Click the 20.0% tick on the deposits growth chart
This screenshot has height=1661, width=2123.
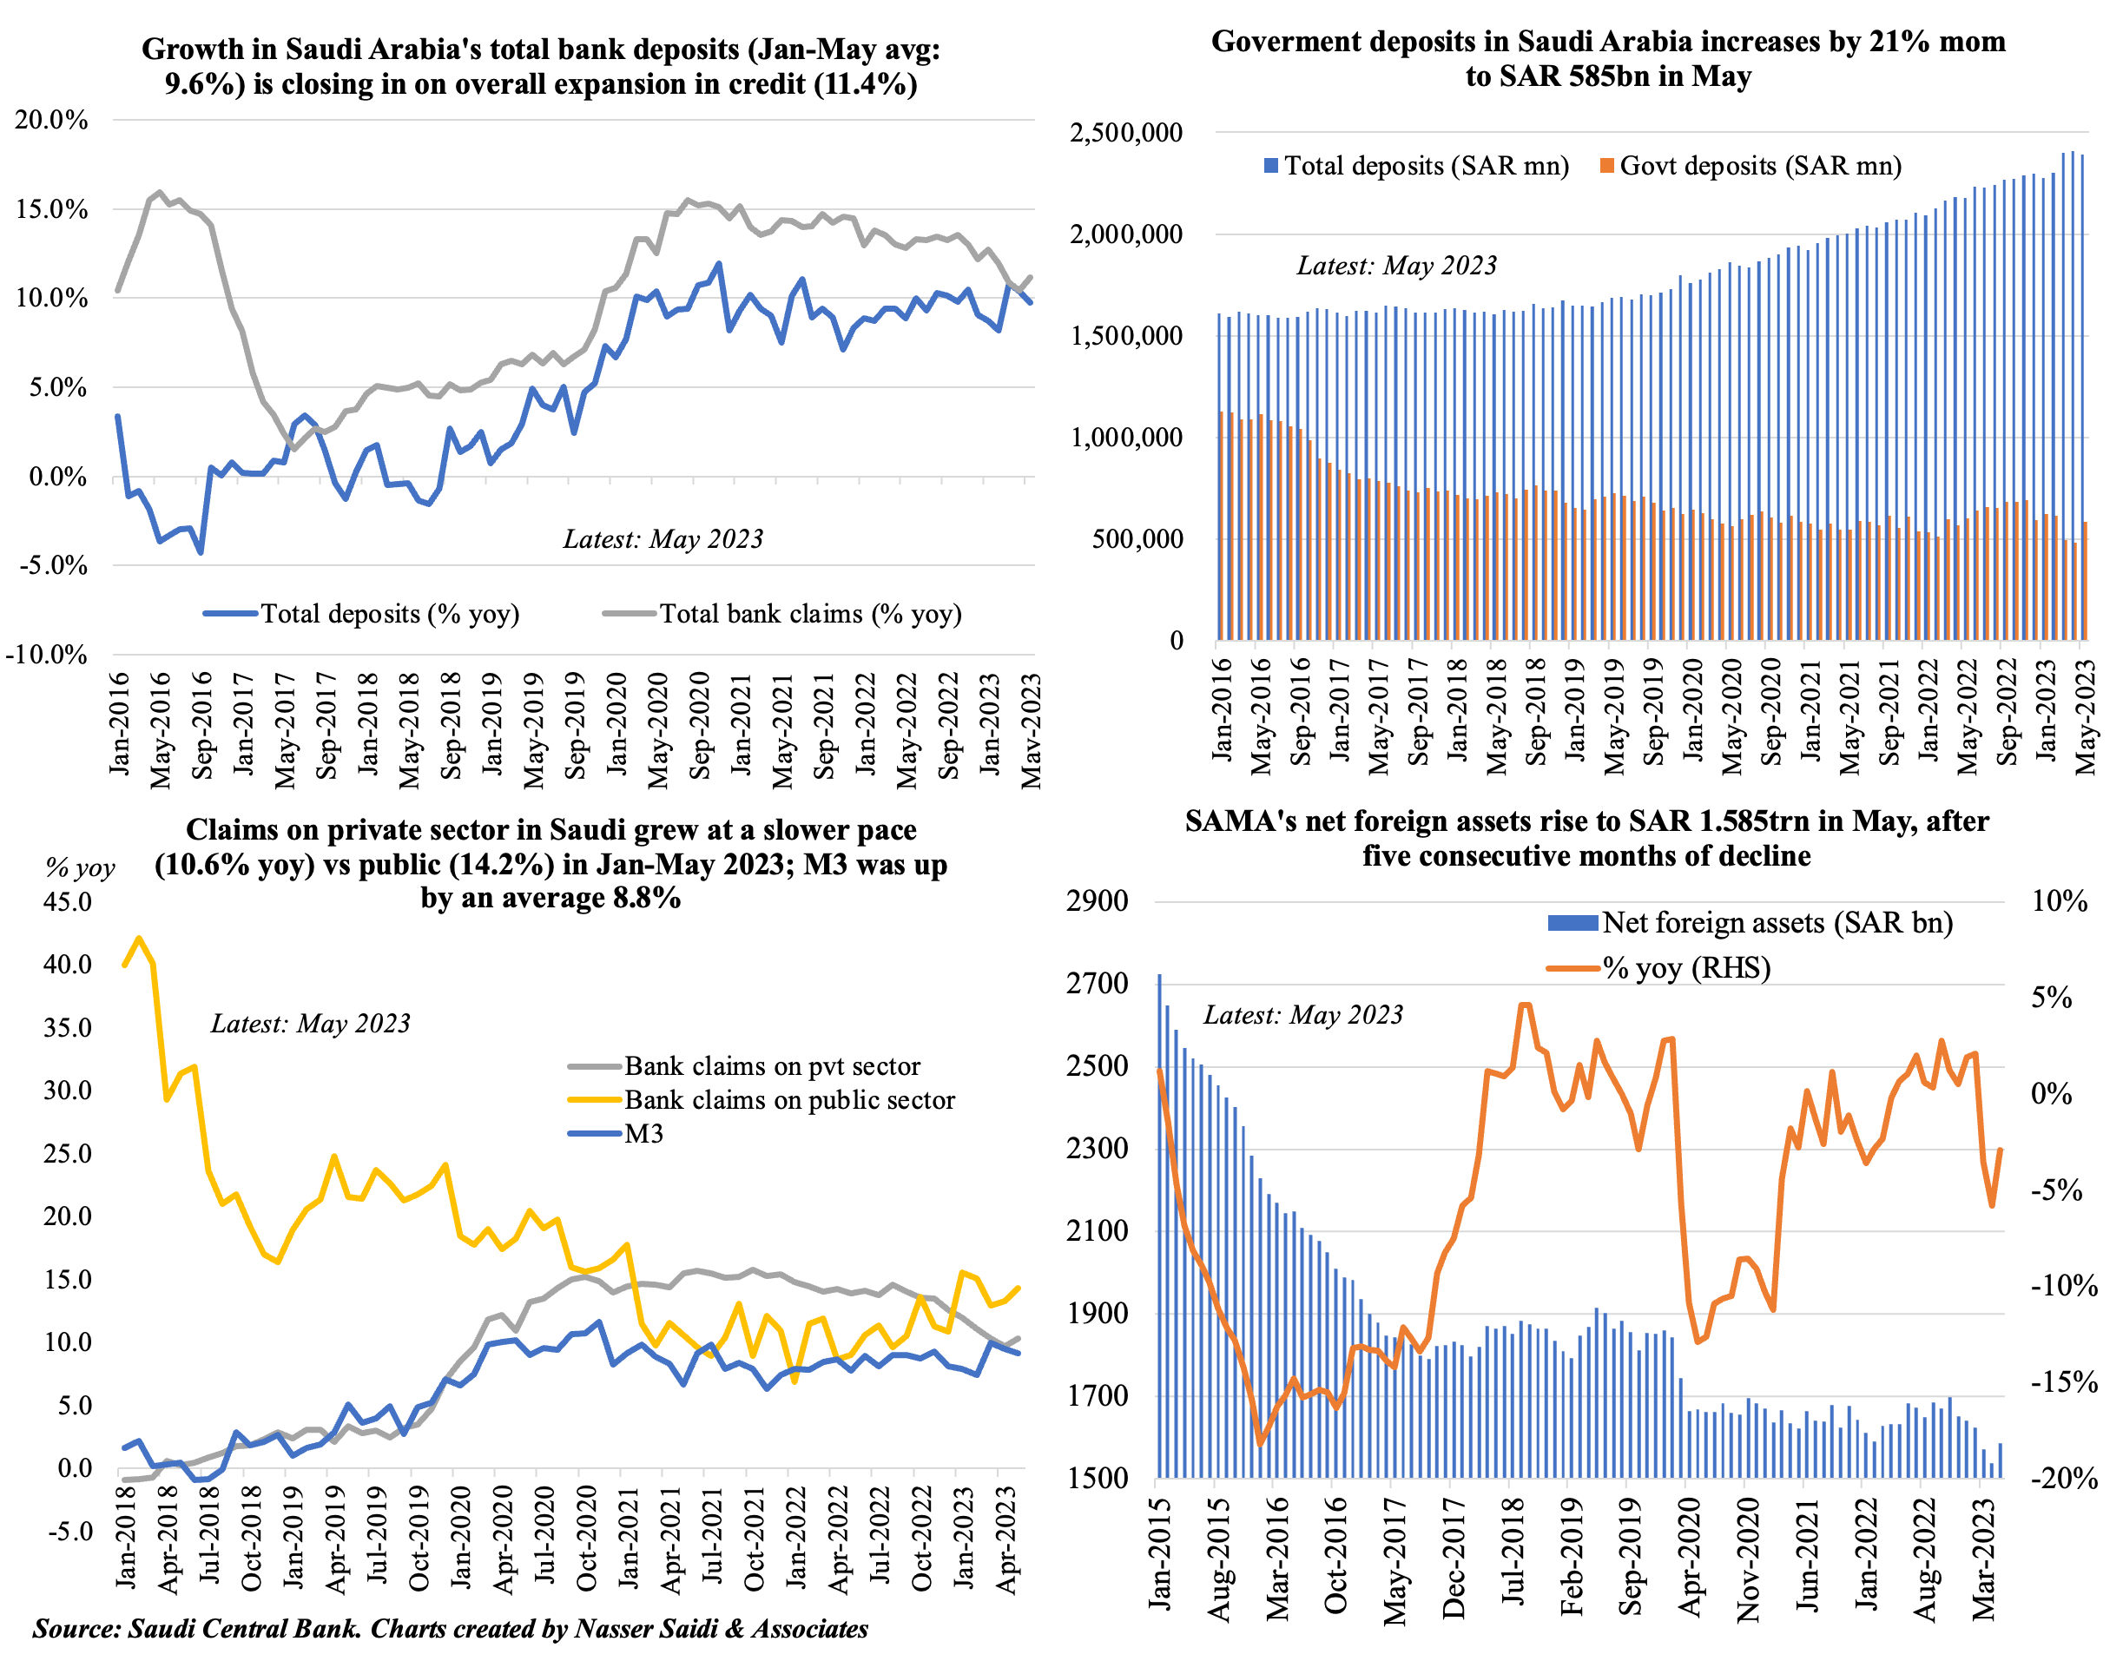point(51,121)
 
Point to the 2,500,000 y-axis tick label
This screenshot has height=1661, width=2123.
point(1126,132)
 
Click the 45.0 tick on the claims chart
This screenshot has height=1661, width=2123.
point(68,902)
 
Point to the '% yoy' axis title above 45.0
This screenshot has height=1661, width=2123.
point(80,868)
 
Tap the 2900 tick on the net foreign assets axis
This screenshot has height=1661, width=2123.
point(1097,900)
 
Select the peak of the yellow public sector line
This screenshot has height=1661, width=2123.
point(139,939)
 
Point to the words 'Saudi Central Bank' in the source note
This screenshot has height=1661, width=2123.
point(243,1629)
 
